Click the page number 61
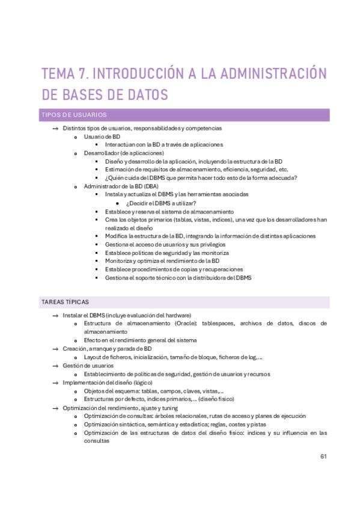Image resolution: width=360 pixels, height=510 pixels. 323,456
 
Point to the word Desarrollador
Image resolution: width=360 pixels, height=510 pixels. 100,153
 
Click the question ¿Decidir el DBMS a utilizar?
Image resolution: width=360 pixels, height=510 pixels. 161,203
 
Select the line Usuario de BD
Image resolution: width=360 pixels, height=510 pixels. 102,137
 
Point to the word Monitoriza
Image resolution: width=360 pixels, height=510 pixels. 120,261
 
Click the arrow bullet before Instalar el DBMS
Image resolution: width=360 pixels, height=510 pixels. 55,315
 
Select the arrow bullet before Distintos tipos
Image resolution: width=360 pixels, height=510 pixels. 55,128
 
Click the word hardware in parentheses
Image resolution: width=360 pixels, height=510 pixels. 175,315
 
